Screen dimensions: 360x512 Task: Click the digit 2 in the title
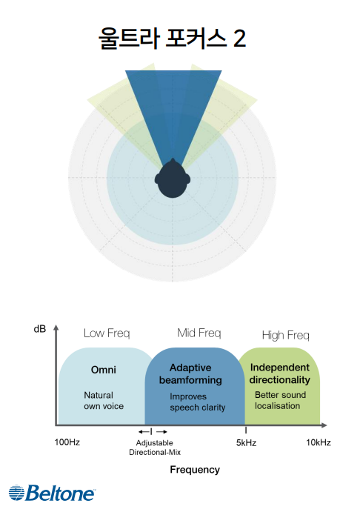[x=239, y=39]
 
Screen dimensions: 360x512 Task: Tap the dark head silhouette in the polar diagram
[x=173, y=179]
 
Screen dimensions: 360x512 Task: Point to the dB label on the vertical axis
[x=40, y=329]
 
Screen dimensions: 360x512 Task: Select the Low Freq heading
[x=107, y=333]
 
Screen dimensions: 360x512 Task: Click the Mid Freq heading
[x=199, y=333]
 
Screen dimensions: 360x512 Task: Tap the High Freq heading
[x=286, y=336]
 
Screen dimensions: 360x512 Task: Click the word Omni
[x=104, y=370]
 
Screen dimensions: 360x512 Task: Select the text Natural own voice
[x=104, y=401]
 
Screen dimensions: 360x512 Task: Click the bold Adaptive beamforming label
[x=190, y=374]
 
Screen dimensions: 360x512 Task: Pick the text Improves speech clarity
[x=198, y=402]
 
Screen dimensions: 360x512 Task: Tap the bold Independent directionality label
[x=280, y=373]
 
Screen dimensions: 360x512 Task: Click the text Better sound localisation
[x=280, y=400]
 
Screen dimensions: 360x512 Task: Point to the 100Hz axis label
[x=67, y=442]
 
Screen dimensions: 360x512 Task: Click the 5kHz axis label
[x=246, y=443]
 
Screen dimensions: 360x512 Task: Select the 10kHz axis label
[x=319, y=442]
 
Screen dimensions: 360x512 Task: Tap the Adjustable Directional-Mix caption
[x=155, y=448]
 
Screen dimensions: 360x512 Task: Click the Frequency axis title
[x=195, y=470]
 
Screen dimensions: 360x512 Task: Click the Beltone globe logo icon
[x=16, y=493]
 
